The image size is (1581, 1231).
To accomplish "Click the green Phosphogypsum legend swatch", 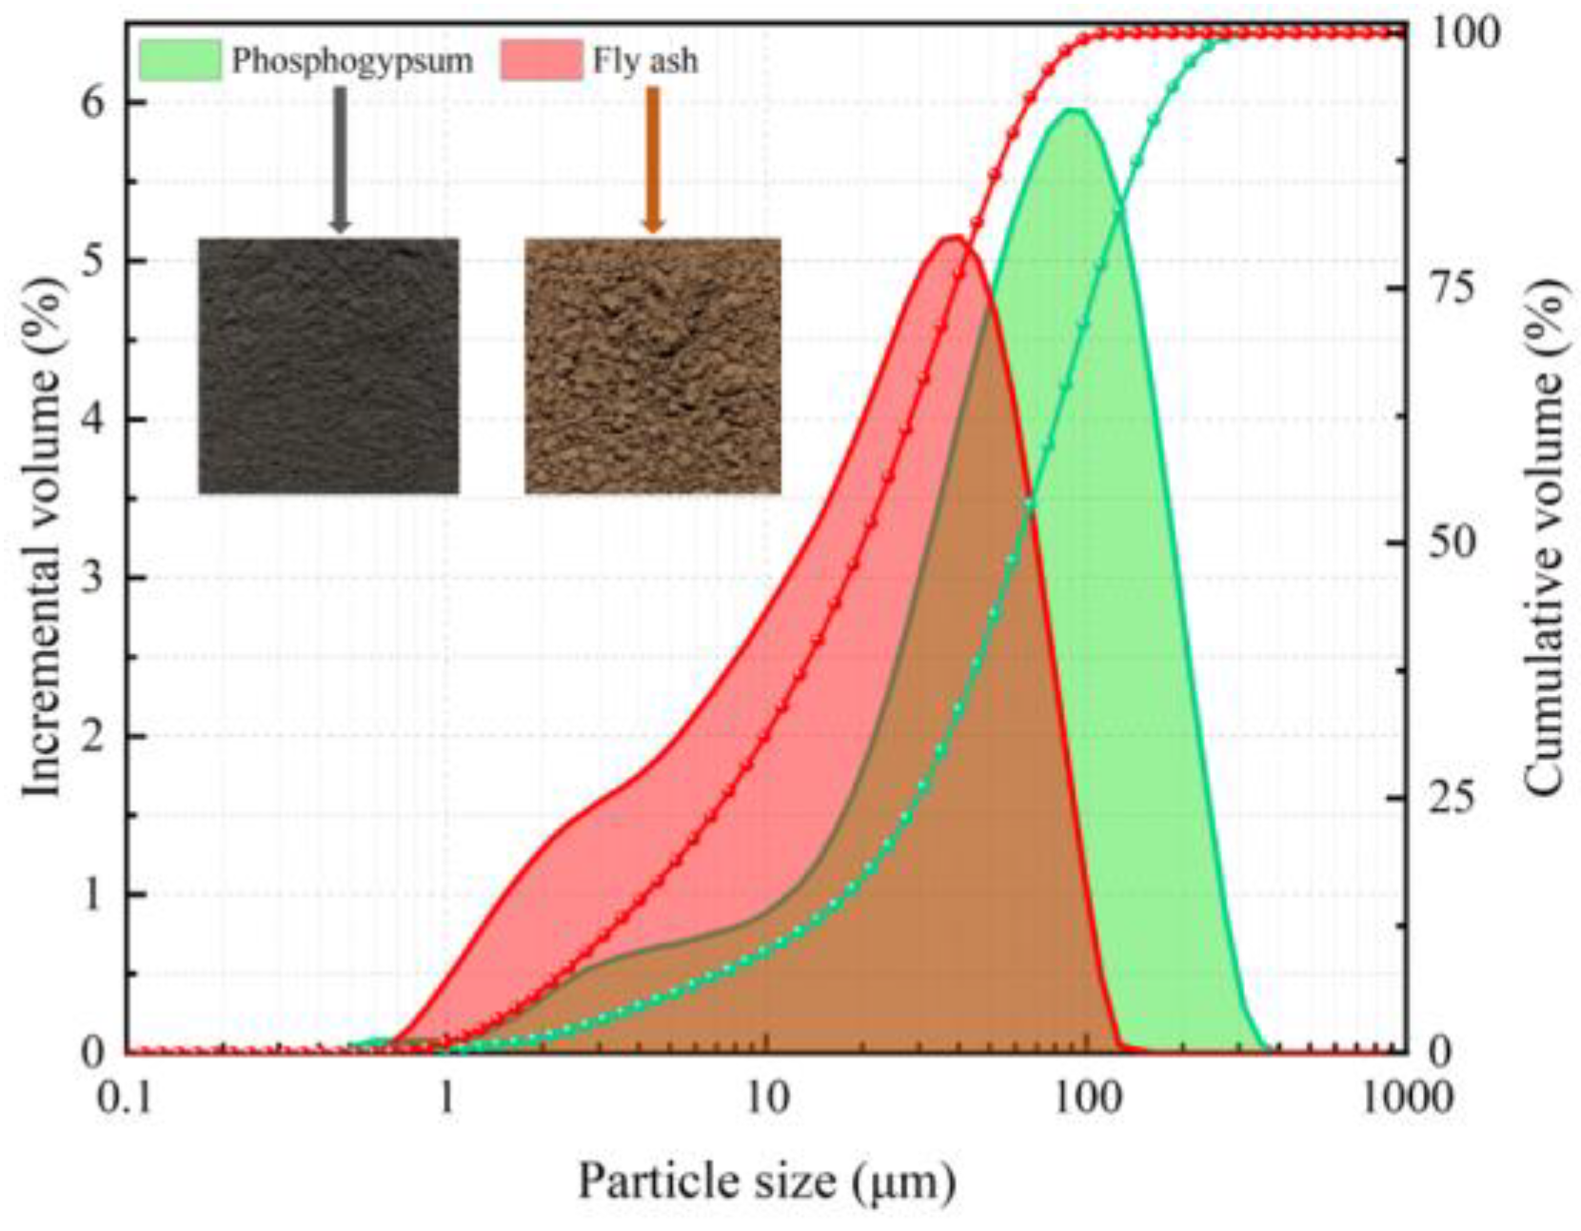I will tap(180, 60).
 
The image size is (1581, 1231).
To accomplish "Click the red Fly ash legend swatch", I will tap(540, 60).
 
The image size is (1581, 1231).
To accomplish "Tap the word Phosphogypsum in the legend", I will tap(352, 61).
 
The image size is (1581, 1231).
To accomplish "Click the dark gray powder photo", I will tap(328, 366).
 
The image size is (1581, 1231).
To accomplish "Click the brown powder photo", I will tap(653, 366).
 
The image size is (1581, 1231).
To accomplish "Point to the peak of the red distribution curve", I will tap(952, 237).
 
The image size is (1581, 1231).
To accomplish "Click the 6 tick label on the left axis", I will tap(92, 102).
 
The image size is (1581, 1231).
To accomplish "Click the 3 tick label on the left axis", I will tap(92, 578).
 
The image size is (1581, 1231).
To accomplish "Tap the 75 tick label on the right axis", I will tap(1453, 288).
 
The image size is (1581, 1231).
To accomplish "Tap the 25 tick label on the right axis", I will tap(1453, 797).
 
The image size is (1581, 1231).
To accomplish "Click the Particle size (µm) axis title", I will tap(766, 1181).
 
